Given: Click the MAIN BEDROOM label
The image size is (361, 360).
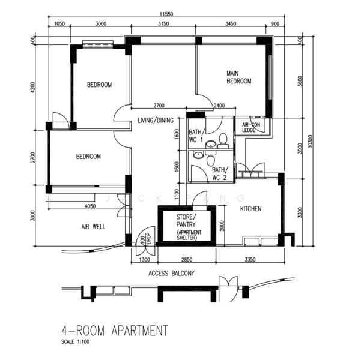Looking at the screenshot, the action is click(x=238, y=77).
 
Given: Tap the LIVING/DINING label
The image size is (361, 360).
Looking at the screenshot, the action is click(x=156, y=121).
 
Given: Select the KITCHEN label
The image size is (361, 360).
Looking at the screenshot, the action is click(x=250, y=209).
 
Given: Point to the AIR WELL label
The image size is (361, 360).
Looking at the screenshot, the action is click(x=93, y=227).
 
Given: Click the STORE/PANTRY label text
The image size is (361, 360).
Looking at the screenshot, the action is click(x=186, y=221).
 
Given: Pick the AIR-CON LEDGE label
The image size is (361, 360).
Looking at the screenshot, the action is click(x=251, y=127).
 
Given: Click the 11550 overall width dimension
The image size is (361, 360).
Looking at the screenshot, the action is click(x=166, y=14).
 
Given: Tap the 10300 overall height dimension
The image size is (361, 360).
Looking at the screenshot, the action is click(x=311, y=141).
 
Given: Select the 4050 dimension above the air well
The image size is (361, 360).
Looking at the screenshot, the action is click(x=90, y=206).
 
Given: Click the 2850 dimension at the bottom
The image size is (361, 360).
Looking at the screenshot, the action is click(x=187, y=260).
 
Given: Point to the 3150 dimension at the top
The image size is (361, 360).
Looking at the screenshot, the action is click(x=163, y=23).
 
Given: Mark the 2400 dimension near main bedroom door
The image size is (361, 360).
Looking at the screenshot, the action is click(x=219, y=106).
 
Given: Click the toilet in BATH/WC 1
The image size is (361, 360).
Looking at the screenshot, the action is click(x=223, y=140).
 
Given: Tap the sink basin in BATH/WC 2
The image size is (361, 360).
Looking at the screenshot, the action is click(x=198, y=155).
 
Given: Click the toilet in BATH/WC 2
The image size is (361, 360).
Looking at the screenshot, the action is click(x=210, y=158).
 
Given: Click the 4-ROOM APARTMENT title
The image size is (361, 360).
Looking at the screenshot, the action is click(x=115, y=331).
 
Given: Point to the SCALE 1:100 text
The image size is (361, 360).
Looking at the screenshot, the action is click(x=75, y=341).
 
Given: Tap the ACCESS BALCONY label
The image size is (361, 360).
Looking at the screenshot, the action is click(x=172, y=273).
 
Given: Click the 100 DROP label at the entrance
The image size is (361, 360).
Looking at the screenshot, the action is click(x=145, y=239).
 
